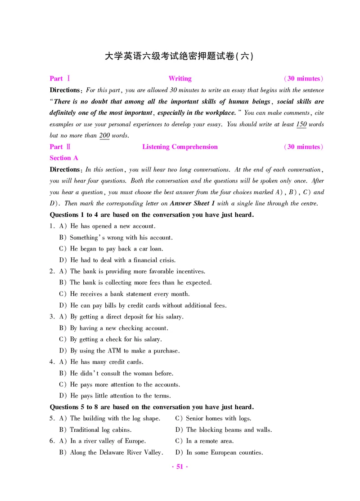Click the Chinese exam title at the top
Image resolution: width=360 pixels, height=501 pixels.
(x=179, y=56)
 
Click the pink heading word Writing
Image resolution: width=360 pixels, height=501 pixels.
(x=180, y=79)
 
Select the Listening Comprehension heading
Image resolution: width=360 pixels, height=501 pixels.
(x=180, y=147)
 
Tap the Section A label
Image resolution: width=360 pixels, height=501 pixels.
(x=64, y=158)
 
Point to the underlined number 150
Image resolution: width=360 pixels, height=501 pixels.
(x=301, y=125)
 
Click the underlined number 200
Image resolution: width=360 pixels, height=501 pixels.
(x=104, y=136)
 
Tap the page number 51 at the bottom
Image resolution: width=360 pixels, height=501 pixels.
(x=180, y=467)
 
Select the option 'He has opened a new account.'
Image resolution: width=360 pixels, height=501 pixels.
(x=112, y=226)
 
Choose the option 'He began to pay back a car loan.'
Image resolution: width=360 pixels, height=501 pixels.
(x=117, y=249)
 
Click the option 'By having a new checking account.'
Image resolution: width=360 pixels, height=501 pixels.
(x=119, y=328)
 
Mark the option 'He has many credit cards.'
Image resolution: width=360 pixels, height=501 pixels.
(x=107, y=362)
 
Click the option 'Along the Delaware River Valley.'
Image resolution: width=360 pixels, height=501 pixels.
(x=116, y=452)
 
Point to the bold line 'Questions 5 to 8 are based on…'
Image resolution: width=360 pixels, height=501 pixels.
(x=152, y=407)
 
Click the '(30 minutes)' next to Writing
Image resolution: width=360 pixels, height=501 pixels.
(x=303, y=79)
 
